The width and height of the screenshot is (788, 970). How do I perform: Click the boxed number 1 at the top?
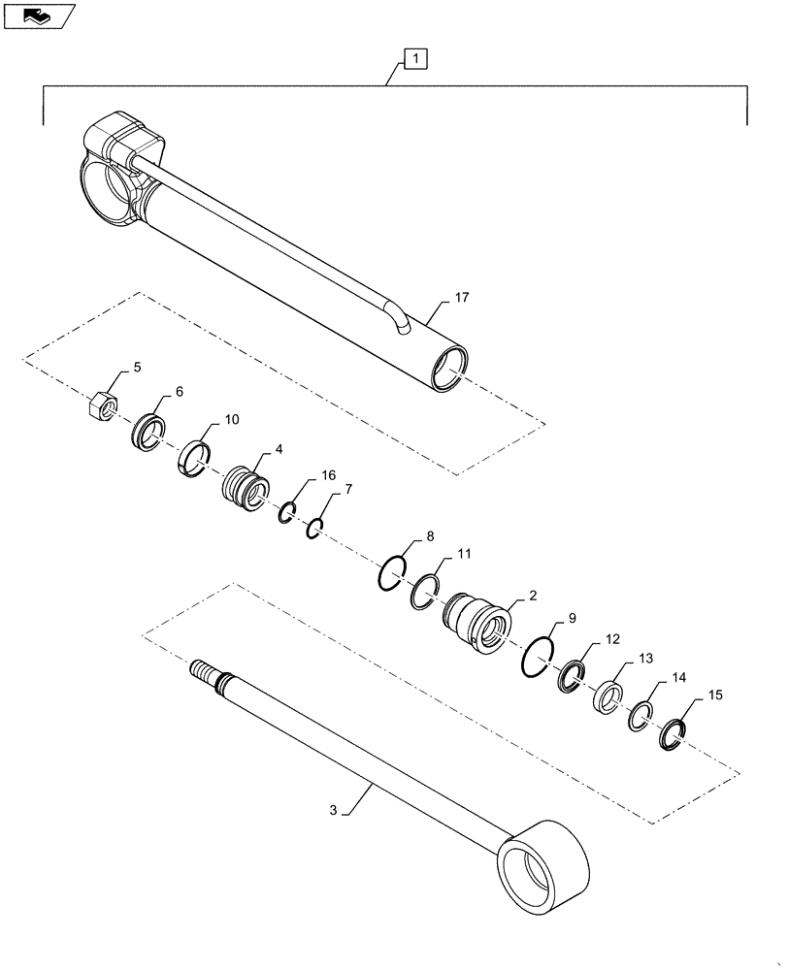(x=415, y=60)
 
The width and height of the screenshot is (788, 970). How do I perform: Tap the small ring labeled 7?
(x=313, y=529)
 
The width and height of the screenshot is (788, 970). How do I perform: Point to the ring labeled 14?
(x=640, y=717)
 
